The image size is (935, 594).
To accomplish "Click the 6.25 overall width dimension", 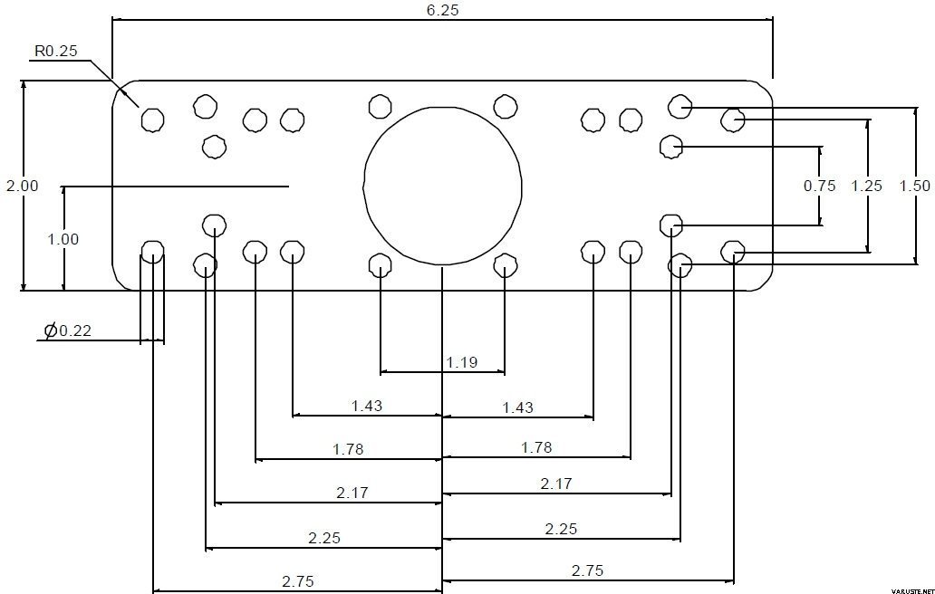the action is pyautogui.click(x=442, y=10).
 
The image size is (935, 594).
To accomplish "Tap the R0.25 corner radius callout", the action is pyautogui.click(x=55, y=51).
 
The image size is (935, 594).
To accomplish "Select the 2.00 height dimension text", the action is pyautogui.click(x=22, y=186).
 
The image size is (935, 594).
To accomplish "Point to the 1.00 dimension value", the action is pyautogui.click(x=63, y=239).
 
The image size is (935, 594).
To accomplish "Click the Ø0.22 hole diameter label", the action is pyautogui.click(x=68, y=331).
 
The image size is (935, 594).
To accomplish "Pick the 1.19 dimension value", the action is pyautogui.click(x=462, y=362).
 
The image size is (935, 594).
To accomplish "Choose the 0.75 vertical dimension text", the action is pyautogui.click(x=819, y=186).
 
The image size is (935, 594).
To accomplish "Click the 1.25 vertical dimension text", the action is pyautogui.click(x=866, y=186).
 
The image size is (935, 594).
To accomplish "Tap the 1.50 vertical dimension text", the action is pyautogui.click(x=915, y=186).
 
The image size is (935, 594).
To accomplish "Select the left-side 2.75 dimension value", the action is pyautogui.click(x=297, y=581).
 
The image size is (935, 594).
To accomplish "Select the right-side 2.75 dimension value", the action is pyautogui.click(x=587, y=570).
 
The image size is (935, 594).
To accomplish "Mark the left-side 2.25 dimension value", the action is pyautogui.click(x=324, y=538).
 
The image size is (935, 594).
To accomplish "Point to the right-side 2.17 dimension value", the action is pyautogui.click(x=556, y=484).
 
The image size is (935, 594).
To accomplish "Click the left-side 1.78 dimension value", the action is pyautogui.click(x=348, y=448).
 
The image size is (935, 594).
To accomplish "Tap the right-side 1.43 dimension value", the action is pyautogui.click(x=517, y=407).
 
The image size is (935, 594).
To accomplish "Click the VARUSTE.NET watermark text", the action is pyautogui.click(x=911, y=590).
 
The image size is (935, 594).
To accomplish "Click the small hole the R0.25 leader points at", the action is pyautogui.click(x=152, y=120).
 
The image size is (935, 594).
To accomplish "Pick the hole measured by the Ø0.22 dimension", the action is pyautogui.click(x=152, y=253).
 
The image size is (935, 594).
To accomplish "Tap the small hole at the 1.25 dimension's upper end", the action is pyautogui.click(x=733, y=120).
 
